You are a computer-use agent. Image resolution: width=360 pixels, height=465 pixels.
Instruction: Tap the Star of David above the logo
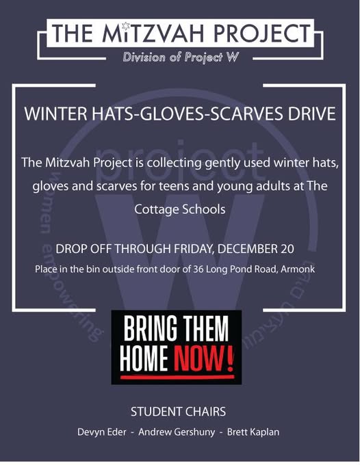click(x=126, y=26)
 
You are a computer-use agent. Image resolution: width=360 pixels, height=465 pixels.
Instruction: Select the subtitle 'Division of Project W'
click(x=181, y=57)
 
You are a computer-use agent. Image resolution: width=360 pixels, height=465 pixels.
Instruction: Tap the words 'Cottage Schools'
click(x=180, y=209)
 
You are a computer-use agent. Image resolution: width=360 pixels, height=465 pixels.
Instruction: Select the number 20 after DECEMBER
click(x=286, y=248)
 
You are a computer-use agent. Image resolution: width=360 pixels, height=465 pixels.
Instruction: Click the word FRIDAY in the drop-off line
click(x=194, y=249)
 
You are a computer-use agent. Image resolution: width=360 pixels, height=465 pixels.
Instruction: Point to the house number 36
click(x=198, y=269)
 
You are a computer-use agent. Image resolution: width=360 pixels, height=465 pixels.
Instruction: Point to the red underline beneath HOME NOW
click(x=177, y=377)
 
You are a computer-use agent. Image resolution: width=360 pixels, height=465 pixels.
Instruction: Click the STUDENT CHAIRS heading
click(x=179, y=412)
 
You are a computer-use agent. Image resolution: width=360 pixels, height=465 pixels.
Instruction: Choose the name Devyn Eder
click(x=102, y=432)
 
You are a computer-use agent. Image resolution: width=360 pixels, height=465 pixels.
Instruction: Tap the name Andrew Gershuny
click(x=177, y=432)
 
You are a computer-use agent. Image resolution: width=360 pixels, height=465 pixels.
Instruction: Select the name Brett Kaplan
click(x=253, y=432)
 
